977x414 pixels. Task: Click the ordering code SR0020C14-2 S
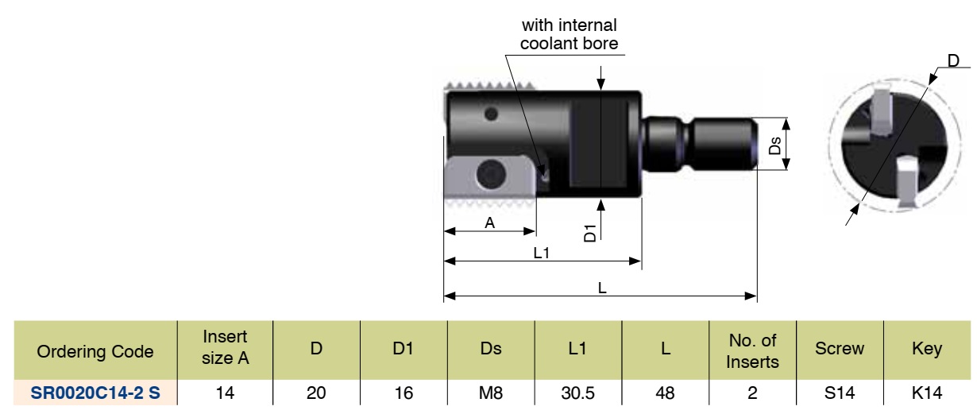pos(95,392)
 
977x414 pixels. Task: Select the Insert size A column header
pos(226,348)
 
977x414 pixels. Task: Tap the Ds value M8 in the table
pos(491,392)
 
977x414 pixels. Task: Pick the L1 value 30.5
pos(578,392)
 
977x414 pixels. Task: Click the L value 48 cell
pos(666,392)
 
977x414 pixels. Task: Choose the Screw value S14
pos(840,392)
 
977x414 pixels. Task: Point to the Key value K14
pos(927,392)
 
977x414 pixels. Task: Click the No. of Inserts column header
pos(752,348)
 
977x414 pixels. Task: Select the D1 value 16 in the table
pos(404,392)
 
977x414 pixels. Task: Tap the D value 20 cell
pos(316,392)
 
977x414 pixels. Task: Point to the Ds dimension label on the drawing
pos(776,145)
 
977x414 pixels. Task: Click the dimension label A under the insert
pos(489,223)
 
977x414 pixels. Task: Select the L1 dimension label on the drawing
pos(543,253)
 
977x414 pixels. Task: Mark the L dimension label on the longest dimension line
pos(602,288)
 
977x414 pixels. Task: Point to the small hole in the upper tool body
pos(492,115)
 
